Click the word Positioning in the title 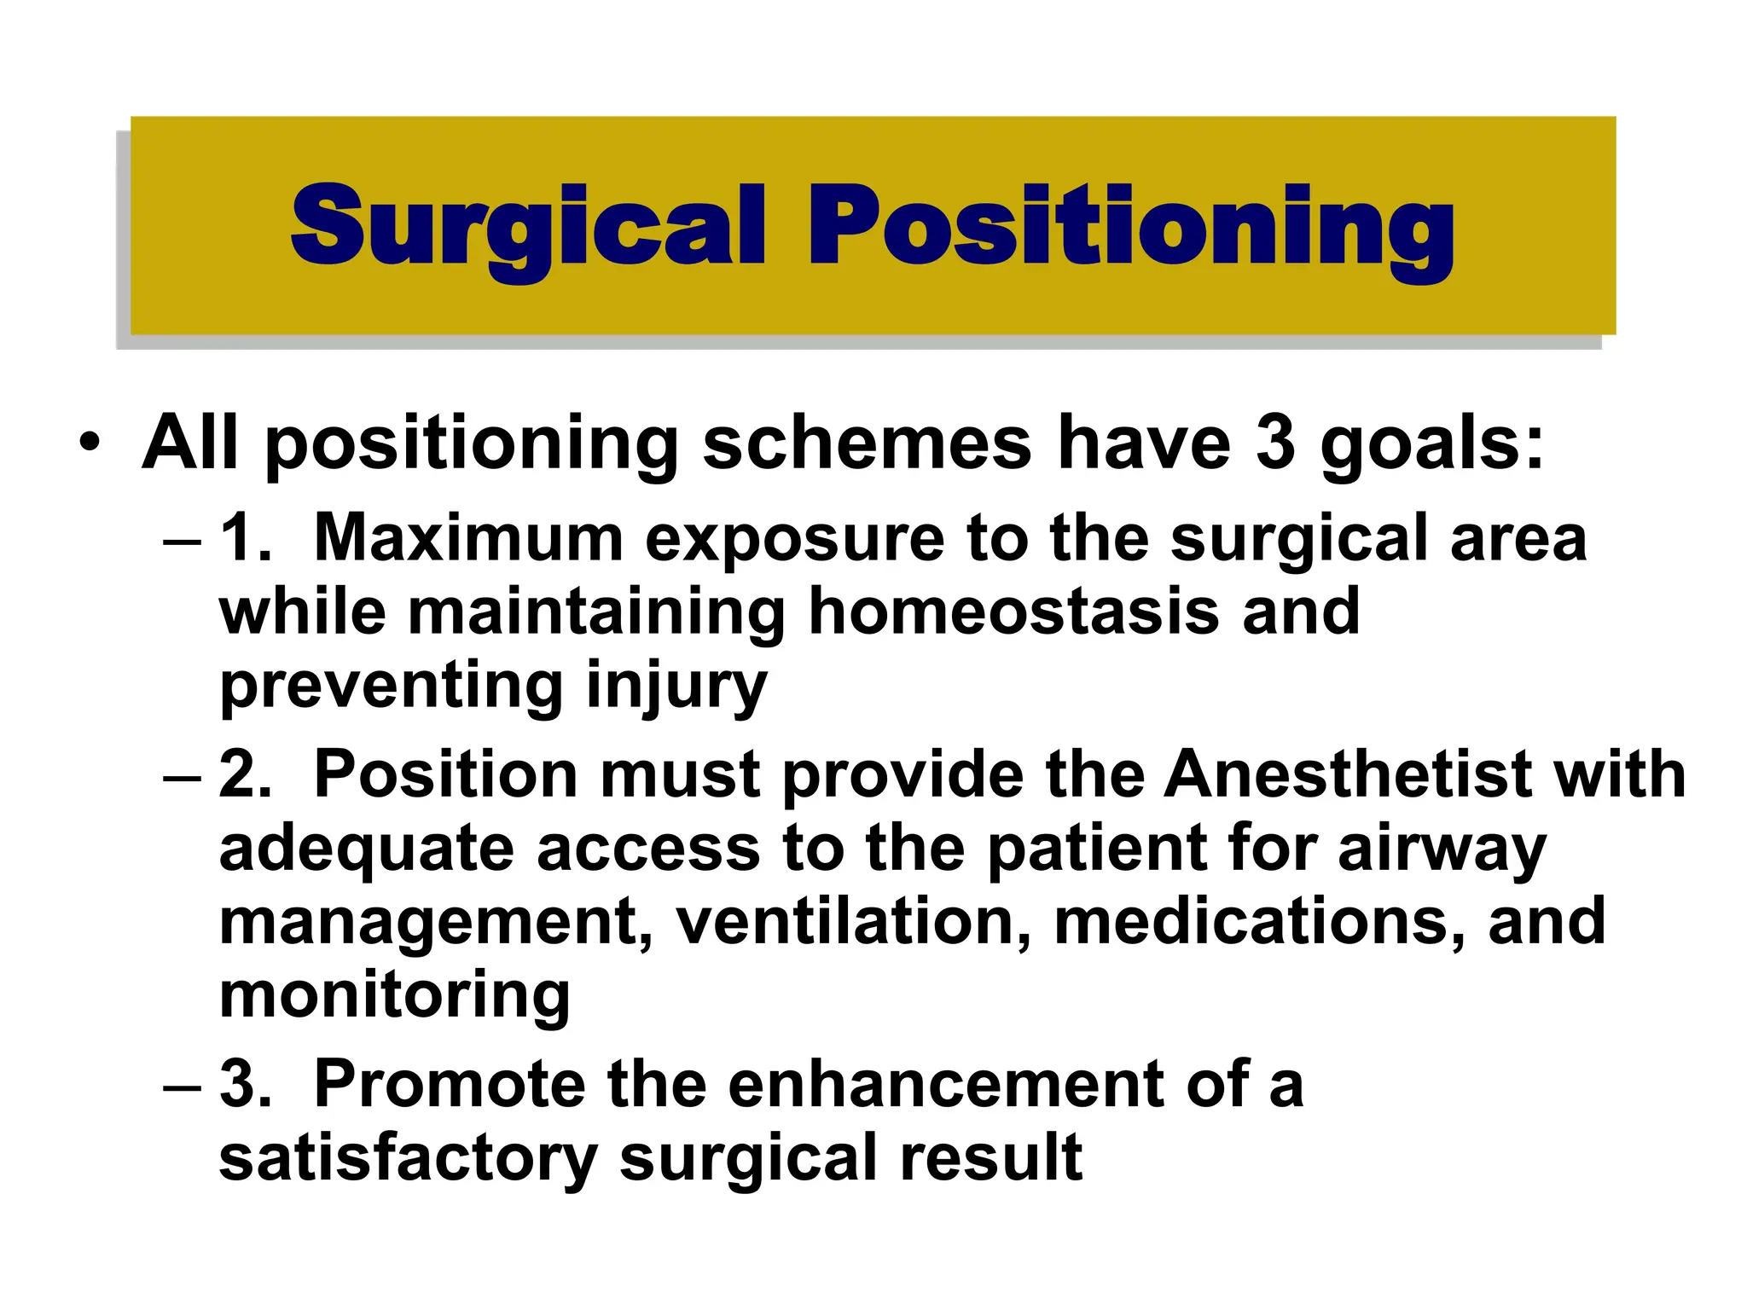point(1130,227)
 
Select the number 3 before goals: point(1275,443)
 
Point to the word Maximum point(468,539)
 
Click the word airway point(1442,849)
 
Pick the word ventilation point(854,923)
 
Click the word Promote point(449,1085)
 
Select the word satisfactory point(408,1158)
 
